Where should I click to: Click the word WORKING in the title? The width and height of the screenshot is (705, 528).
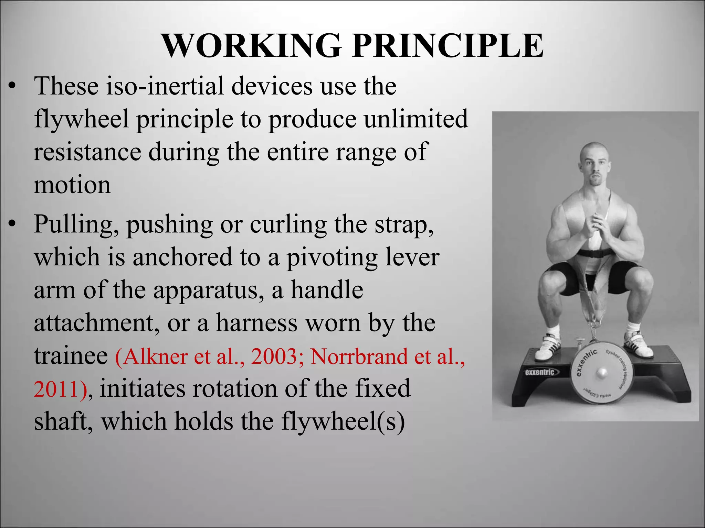(x=251, y=46)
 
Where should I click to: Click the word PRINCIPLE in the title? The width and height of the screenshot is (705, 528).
(x=448, y=46)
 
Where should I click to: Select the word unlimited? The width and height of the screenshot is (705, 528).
(x=416, y=119)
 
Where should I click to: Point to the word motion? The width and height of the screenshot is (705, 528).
(x=72, y=185)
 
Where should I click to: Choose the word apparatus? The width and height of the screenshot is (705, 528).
(x=209, y=291)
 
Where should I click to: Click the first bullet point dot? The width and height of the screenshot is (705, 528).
(x=12, y=87)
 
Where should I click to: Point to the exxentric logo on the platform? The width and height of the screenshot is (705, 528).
(x=539, y=372)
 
